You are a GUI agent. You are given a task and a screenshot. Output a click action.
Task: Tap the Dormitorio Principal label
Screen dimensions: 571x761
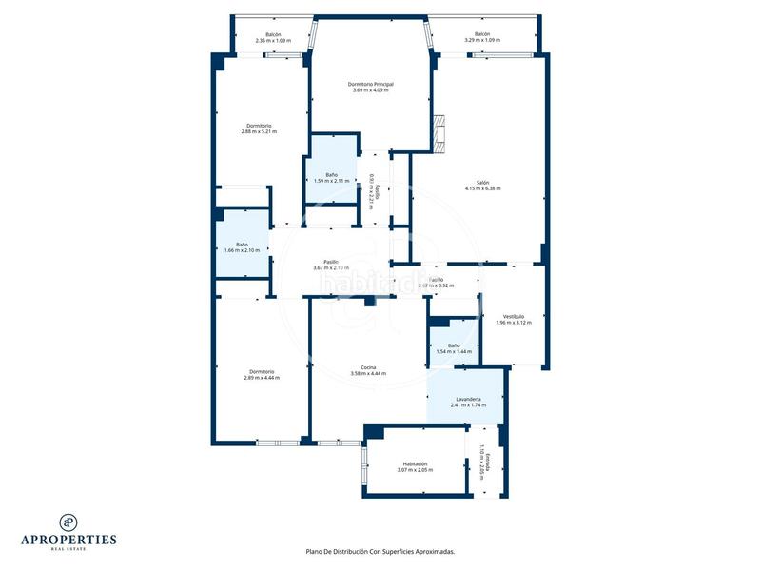[371, 84]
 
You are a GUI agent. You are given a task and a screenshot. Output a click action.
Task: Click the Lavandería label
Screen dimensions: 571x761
[468, 399]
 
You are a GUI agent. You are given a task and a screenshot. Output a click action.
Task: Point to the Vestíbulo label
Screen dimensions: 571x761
[514, 316]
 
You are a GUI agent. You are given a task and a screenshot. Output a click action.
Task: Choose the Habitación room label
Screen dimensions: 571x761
[415, 463]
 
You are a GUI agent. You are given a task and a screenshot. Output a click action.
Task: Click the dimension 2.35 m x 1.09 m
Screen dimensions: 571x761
[273, 41]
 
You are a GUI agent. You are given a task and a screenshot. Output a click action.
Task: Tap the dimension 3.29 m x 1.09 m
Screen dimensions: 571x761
[481, 41]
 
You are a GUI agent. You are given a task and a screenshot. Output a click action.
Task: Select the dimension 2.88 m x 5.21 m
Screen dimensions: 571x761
[260, 131]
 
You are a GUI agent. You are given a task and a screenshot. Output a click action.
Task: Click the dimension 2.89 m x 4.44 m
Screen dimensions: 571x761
[262, 378]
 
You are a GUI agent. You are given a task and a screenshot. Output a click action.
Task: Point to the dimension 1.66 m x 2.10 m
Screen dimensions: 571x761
[242, 250]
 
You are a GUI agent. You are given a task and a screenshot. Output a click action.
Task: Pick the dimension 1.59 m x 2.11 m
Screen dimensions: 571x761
[331, 181]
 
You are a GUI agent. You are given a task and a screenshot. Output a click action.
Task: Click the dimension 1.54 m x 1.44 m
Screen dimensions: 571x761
[454, 352]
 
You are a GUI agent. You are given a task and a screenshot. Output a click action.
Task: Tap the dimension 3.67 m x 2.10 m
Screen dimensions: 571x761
[331, 268]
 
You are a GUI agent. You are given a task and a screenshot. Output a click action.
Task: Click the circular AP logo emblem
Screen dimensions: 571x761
[68, 522]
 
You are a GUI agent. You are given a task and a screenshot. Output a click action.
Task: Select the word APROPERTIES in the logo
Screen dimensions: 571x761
[68, 540]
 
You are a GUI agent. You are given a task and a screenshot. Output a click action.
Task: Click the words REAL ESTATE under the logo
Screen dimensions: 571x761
[68, 549]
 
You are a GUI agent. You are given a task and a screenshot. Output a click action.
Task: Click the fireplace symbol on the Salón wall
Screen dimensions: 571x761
[439, 132]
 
